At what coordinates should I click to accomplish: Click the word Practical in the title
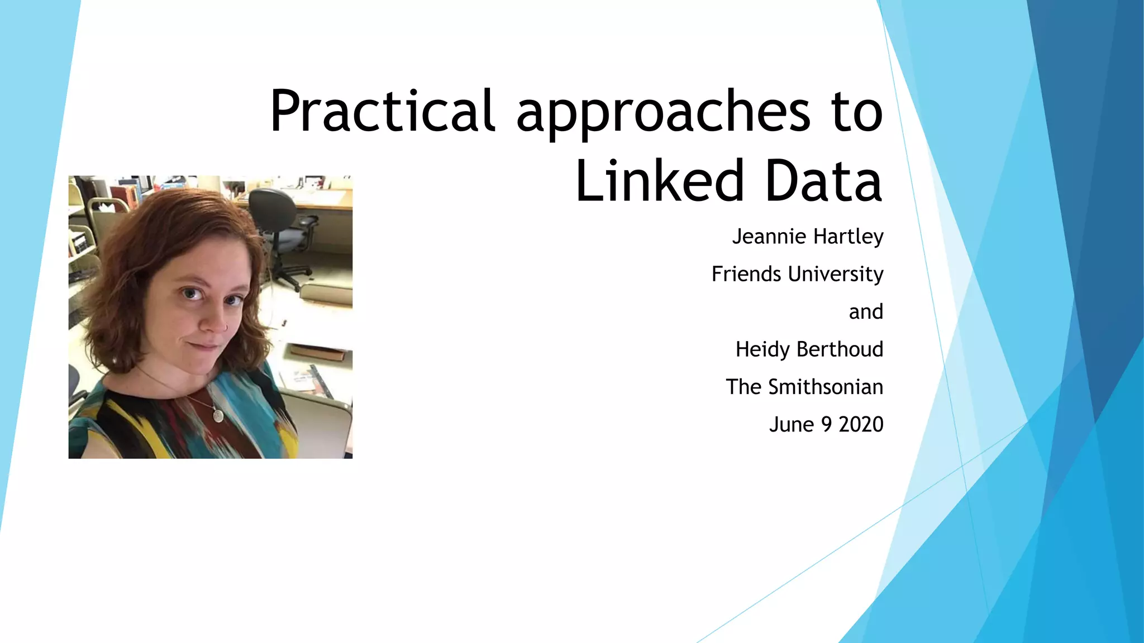tap(382, 111)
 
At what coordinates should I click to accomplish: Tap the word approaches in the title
tap(663, 114)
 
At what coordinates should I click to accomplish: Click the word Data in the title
tap(823, 181)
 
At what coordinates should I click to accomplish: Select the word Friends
tap(746, 274)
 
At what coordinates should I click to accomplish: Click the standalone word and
tap(866, 311)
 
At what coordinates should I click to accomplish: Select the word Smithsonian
tap(826, 387)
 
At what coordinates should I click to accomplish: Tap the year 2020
tap(861, 425)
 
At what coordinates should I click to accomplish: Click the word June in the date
tap(792, 425)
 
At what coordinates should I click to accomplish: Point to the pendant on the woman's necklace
tap(218, 415)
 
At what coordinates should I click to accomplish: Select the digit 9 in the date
tap(826, 425)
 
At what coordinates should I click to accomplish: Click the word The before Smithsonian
tap(743, 387)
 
